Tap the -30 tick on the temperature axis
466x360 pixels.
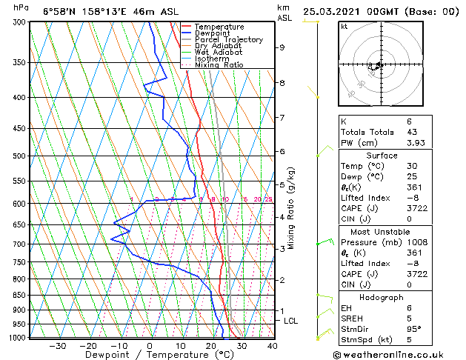57,346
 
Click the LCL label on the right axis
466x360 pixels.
290,321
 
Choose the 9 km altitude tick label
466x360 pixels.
282,47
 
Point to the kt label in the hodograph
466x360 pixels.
344,26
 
